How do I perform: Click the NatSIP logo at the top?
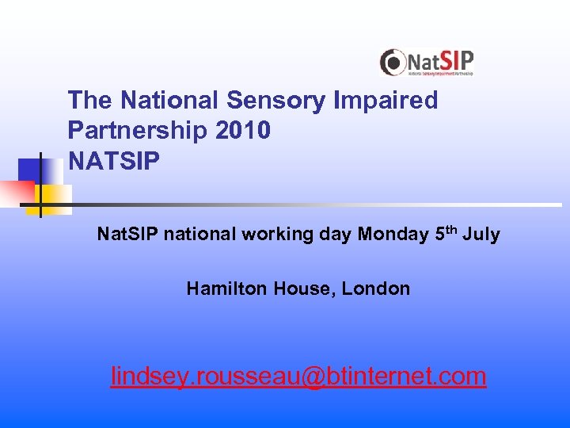426,63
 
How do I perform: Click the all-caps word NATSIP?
114,161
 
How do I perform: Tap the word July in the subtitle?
482,235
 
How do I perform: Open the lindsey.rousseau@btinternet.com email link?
298,376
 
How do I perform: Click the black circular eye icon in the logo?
392,62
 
